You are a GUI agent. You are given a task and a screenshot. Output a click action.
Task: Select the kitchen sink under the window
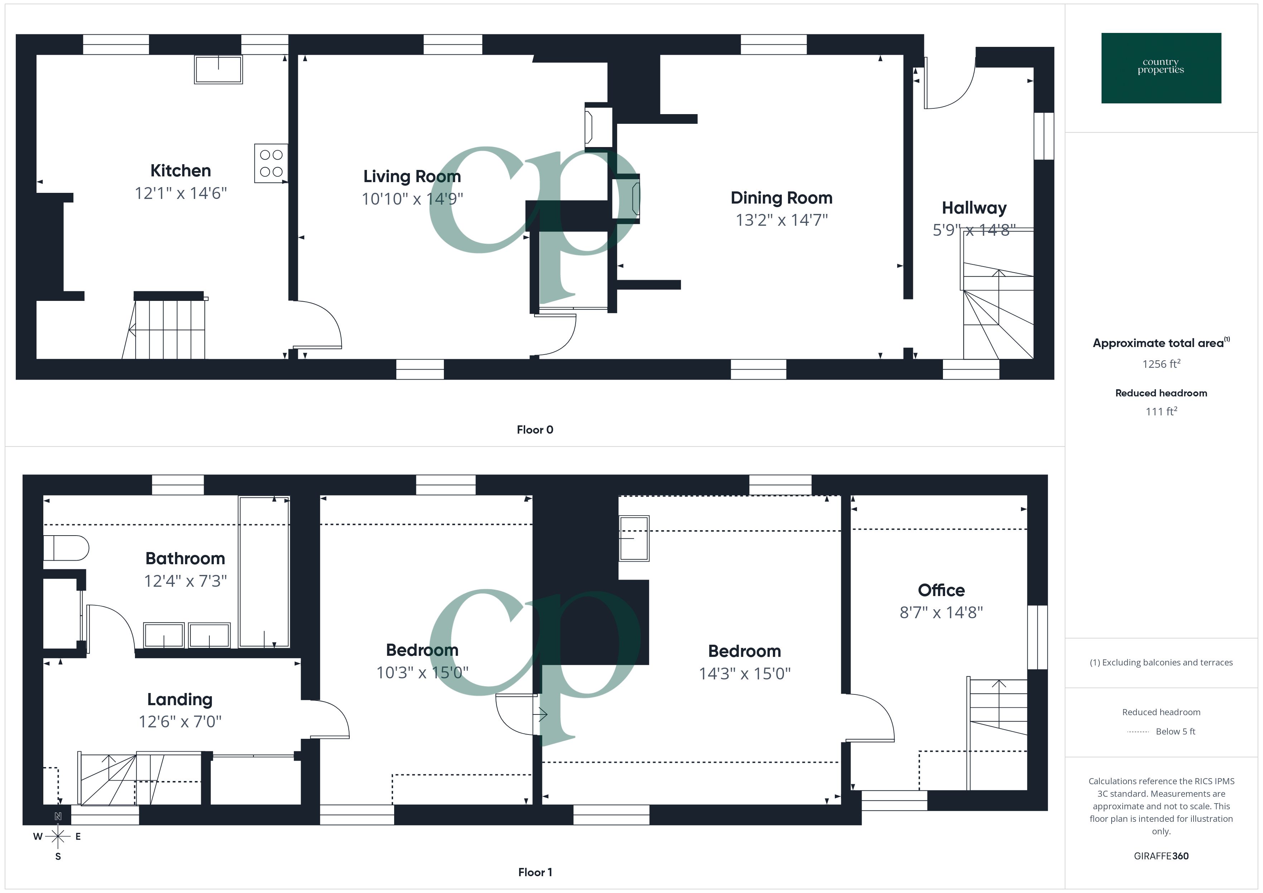(218, 69)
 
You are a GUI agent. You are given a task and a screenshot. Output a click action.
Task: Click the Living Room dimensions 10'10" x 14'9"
(412, 199)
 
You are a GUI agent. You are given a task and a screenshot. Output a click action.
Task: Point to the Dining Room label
(781, 197)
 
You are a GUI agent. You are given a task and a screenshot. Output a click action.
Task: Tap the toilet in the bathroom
(66, 548)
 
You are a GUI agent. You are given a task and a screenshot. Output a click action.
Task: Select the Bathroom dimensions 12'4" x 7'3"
(185, 581)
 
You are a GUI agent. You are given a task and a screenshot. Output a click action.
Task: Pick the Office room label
(941, 590)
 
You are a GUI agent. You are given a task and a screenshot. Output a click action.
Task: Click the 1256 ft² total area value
(1161, 364)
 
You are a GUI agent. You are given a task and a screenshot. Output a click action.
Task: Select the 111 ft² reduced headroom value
(1161, 411)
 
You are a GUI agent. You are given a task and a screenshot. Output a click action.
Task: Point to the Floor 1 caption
(535, 872)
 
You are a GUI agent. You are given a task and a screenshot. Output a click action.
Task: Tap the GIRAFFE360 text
(1161, 856)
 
